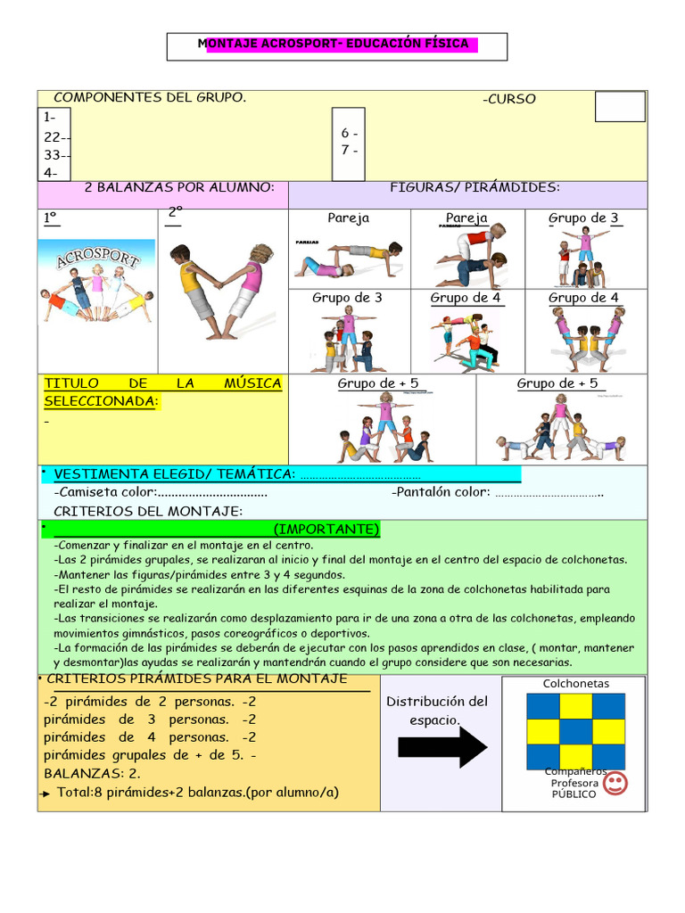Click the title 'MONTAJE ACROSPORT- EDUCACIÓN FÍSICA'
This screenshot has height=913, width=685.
click(x=337, y=45)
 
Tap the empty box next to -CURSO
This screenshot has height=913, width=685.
click(x=619, y=106)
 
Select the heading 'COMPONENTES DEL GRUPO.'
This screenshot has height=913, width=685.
click(x=150, y=98)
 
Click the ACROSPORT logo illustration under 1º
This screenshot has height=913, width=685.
click(x=96, y=284)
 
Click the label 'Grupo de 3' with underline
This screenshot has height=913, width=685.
click(x=583, y=218)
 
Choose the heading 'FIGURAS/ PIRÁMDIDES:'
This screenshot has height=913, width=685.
click(x=475, y=187)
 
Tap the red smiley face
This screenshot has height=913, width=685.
click(x=615, y=784)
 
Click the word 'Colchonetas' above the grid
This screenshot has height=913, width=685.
click(x=575, y=684)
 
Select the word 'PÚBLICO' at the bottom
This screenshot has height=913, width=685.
click(x=574, y=794)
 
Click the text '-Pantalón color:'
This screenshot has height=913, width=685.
click(x=441, y=492)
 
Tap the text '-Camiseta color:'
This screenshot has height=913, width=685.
click(x=106, y=492)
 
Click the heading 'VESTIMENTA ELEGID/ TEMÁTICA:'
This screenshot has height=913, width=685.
click(x=174, y=473)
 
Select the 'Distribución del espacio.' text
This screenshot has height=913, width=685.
click(x=437, y=710)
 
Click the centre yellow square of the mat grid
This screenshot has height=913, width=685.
click(x=575, y=731)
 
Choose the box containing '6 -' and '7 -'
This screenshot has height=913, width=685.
click(x=349, y=143)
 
